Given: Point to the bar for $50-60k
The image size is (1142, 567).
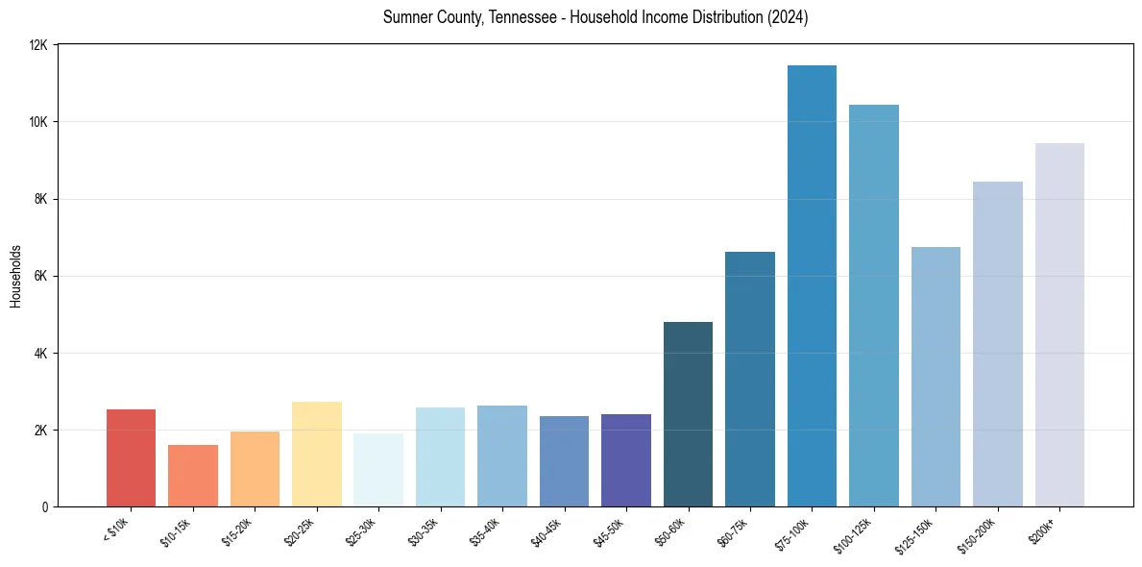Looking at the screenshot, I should click(688, 414).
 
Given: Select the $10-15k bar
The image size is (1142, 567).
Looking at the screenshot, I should click(193, 476).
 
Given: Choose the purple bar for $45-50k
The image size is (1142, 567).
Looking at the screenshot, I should click(626, 460).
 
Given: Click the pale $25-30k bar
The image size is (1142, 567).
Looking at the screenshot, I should click(378, 470).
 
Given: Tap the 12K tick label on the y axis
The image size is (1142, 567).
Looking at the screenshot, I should click(39, 45).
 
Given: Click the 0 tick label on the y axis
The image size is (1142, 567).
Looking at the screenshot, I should click(46, 506).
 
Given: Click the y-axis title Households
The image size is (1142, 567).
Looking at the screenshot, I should click(15, 276).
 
